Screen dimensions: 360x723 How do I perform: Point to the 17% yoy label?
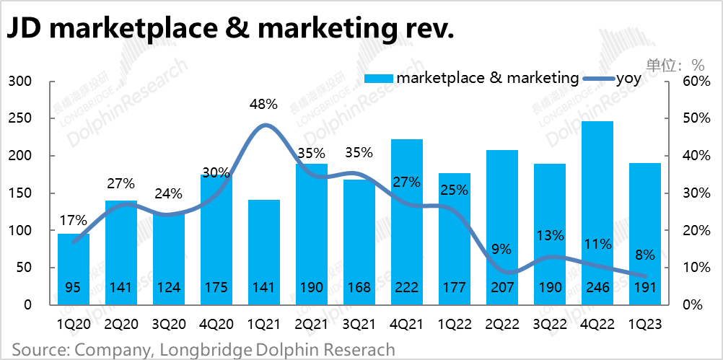74,220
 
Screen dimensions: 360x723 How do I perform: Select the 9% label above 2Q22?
501,250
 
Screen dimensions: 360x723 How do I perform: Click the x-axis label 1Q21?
264,324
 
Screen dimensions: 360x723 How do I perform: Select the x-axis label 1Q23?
645,324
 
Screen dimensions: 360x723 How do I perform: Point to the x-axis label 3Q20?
169,324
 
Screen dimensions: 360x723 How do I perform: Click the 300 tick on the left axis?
19,81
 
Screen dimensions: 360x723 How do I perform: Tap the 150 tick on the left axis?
19,193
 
